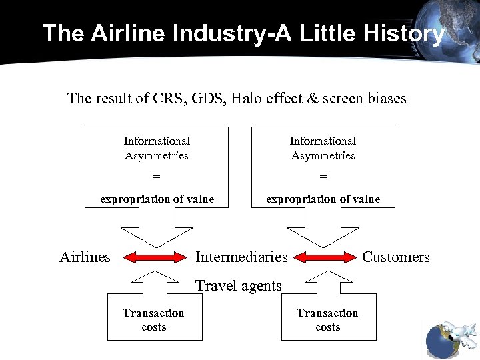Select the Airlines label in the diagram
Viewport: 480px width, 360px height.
tap(85, 257)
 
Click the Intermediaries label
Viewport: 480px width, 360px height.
tap(241, 257)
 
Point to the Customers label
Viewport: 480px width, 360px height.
tap(396, 257)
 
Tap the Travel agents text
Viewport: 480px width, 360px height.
tap(239, 286)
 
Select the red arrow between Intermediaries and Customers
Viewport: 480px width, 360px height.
tap(325, 257)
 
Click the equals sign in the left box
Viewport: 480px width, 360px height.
tap(157, 177)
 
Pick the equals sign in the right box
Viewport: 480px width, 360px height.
tap(323, 177)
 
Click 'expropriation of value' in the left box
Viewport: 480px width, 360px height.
tap(157, 199)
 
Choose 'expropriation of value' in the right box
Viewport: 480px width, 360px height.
tap(323, 199)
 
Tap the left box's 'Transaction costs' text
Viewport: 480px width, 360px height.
tap(153, 320)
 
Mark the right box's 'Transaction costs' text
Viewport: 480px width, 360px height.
tap(327, 320)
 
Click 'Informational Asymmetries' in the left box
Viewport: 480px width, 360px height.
tap(157, 148)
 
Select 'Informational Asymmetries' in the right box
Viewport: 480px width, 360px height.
tap(323, 148)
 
